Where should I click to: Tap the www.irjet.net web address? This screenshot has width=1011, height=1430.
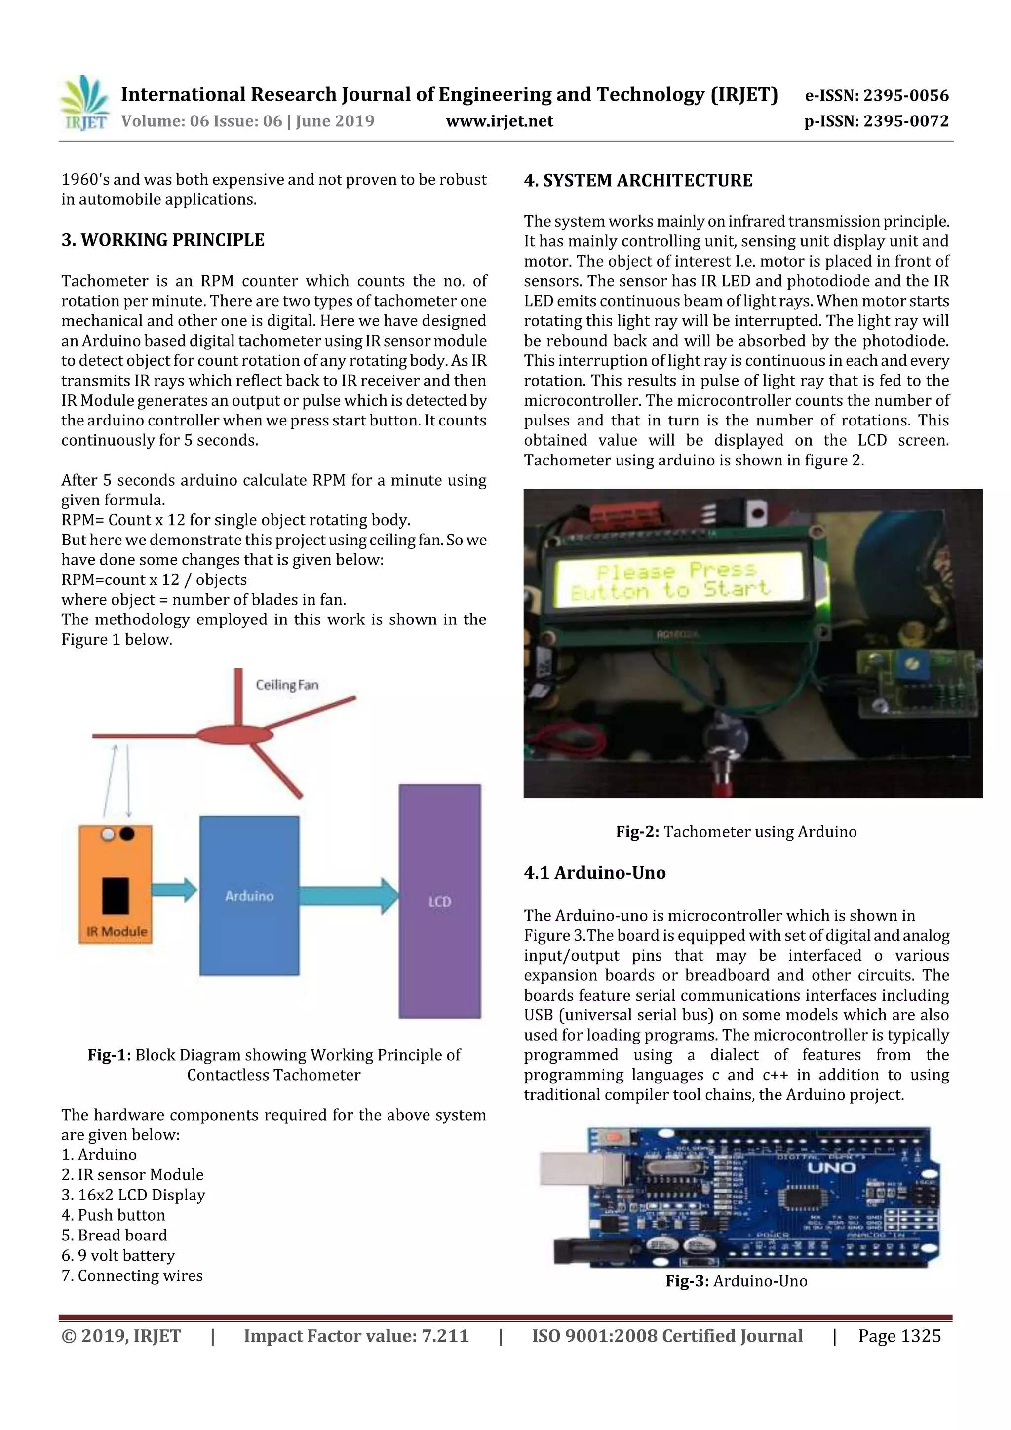(x=500, y=121)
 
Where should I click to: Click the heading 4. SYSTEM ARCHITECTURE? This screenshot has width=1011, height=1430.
(x=638, y=181)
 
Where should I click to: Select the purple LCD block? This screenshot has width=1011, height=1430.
(x=439, y=901)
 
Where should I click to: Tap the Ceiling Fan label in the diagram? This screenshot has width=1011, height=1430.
(x=287, y=685)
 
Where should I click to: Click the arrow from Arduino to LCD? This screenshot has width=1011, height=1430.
(x=349, y=895)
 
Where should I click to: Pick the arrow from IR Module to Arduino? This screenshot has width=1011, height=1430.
(x=174, y=890)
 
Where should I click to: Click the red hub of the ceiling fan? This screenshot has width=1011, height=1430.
(x=235, y=735)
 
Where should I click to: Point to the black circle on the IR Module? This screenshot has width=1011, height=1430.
(x=126, y=833)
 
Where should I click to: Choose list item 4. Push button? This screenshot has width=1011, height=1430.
(x=114, y=1215)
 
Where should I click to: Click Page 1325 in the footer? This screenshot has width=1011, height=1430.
(x=899, y=1336)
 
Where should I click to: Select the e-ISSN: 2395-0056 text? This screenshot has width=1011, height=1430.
(x=876, y=95)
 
